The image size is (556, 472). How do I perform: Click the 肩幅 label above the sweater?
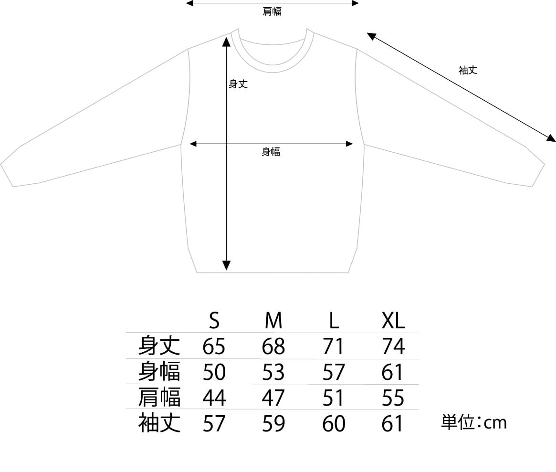272,11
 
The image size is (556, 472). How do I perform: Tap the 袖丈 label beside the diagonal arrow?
468,70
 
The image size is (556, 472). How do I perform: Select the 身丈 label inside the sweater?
238,84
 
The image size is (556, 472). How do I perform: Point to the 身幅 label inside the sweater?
271,152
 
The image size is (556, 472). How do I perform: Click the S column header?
214,321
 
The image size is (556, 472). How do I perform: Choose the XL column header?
393,321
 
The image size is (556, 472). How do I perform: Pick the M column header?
273,321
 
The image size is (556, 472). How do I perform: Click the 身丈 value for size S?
214,346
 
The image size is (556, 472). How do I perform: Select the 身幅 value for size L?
334,372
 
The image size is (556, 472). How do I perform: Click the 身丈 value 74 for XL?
393,346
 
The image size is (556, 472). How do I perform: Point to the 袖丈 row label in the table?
159,423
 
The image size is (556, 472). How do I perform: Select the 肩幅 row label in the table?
159,398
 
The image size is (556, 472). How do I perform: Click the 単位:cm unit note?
473,422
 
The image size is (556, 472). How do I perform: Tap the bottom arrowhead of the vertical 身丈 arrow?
227,265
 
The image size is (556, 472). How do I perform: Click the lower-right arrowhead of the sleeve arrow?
551,138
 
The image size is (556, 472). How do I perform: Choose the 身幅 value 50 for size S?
214,372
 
